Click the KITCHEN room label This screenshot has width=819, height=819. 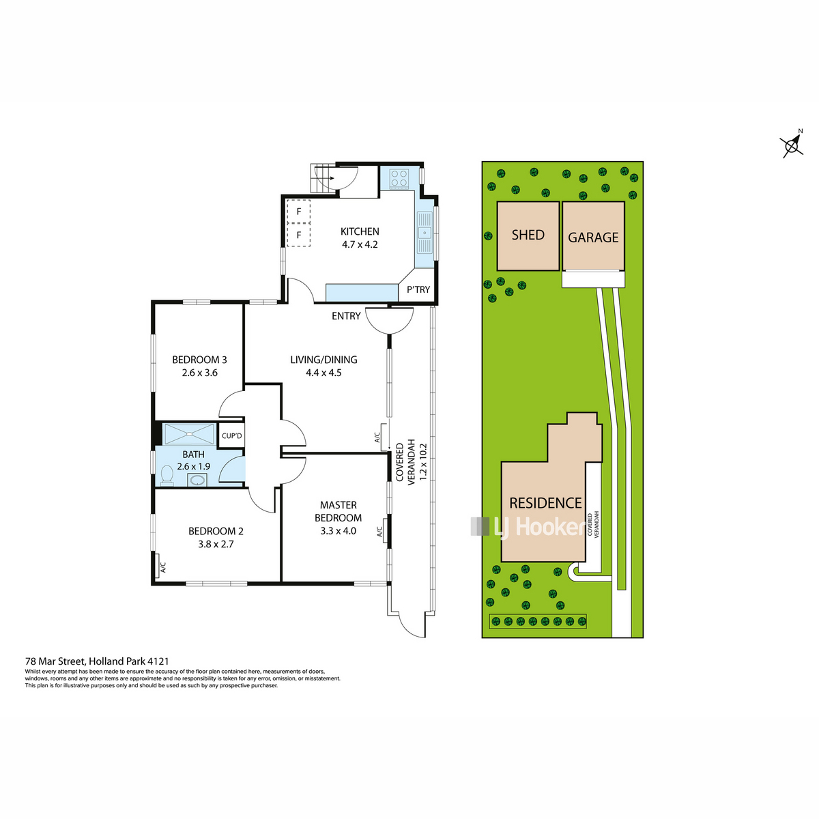click(359, 231)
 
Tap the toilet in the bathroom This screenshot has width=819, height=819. click(168, 475)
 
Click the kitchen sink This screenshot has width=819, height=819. click(425, 233)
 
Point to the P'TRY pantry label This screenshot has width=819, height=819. click(418, 289)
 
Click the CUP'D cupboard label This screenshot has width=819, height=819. click(231, 435)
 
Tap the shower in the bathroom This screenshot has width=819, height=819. click(189, 434)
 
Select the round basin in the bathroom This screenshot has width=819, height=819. click(197, 480)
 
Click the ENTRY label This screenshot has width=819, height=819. click(346, 316)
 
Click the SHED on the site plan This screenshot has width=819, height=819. click(528, 235)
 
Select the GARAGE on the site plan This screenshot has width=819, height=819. click(593, 236)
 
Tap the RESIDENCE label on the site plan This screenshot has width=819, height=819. click(545, 503)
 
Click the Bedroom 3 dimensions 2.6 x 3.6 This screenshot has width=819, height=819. click(199, 373)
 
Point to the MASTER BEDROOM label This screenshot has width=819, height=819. click(338, 511)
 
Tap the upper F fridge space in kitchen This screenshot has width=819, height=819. click(298, 211)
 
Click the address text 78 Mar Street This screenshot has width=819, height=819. click(56, 661)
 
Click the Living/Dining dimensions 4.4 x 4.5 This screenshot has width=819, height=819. click(324, 373)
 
